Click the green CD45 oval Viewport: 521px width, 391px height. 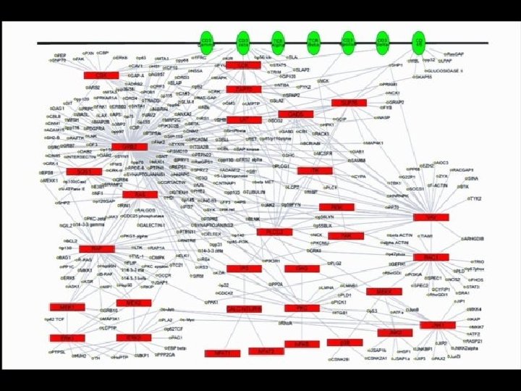pyautogui.click(x=418, y=42)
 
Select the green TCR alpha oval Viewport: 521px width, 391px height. pyautogui.click(x=278, y=42)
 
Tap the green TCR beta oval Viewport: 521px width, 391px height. pyautogui.click(x=313, y=42)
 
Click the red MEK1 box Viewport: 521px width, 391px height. pyautogui.click(x=67, y=307)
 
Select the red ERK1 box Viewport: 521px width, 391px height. pyautogui.click(x=67, y=338)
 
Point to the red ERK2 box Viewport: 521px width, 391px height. pyautogui.click(x=134, y=338)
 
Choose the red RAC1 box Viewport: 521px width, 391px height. pyautogui.click(x=431, y=257)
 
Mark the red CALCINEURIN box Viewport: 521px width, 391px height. pyautogui.click(x=244, y=309)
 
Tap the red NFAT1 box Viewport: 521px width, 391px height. pyautogui.click(x=222, y=353)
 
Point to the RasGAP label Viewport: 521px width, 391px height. pyautogui.click(x=455, y=54)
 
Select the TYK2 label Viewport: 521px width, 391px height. pyautogui.click(x=475, y=198)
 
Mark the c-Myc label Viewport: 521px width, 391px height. pyautogui.click(x=187, y=319)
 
